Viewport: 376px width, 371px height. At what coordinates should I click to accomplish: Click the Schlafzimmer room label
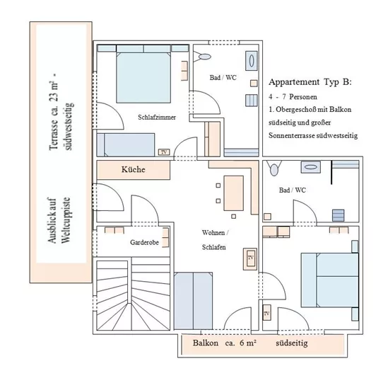157,117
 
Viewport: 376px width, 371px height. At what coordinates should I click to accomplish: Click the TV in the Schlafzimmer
163,152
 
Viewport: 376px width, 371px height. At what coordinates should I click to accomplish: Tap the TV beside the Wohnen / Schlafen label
250,259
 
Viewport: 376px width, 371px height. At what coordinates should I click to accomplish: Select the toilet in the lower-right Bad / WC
275,169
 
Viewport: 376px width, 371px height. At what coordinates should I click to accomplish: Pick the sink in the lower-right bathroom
310,168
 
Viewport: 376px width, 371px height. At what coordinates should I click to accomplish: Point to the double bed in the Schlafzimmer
142,74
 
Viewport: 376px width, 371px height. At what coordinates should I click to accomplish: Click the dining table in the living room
234,190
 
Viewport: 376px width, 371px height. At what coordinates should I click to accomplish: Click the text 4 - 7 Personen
294,96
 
